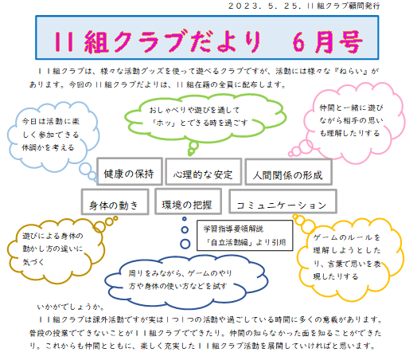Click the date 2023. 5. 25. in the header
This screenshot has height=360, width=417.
(265, 6)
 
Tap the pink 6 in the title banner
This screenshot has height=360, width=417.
(298, 42)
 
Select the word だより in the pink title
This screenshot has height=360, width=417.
(224, 41)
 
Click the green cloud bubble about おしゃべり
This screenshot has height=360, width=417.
(205, 117)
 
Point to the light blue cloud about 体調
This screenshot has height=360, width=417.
(53, 135)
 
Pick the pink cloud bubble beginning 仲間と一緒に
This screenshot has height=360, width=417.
(353, 122)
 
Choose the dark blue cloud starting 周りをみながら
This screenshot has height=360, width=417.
(186, 282)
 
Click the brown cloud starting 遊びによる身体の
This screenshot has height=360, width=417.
(56, 250)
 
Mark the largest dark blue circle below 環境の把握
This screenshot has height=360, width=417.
(185, 244)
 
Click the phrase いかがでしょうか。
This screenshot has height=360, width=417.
(71, 307)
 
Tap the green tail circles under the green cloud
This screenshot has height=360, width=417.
(193, 148)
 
